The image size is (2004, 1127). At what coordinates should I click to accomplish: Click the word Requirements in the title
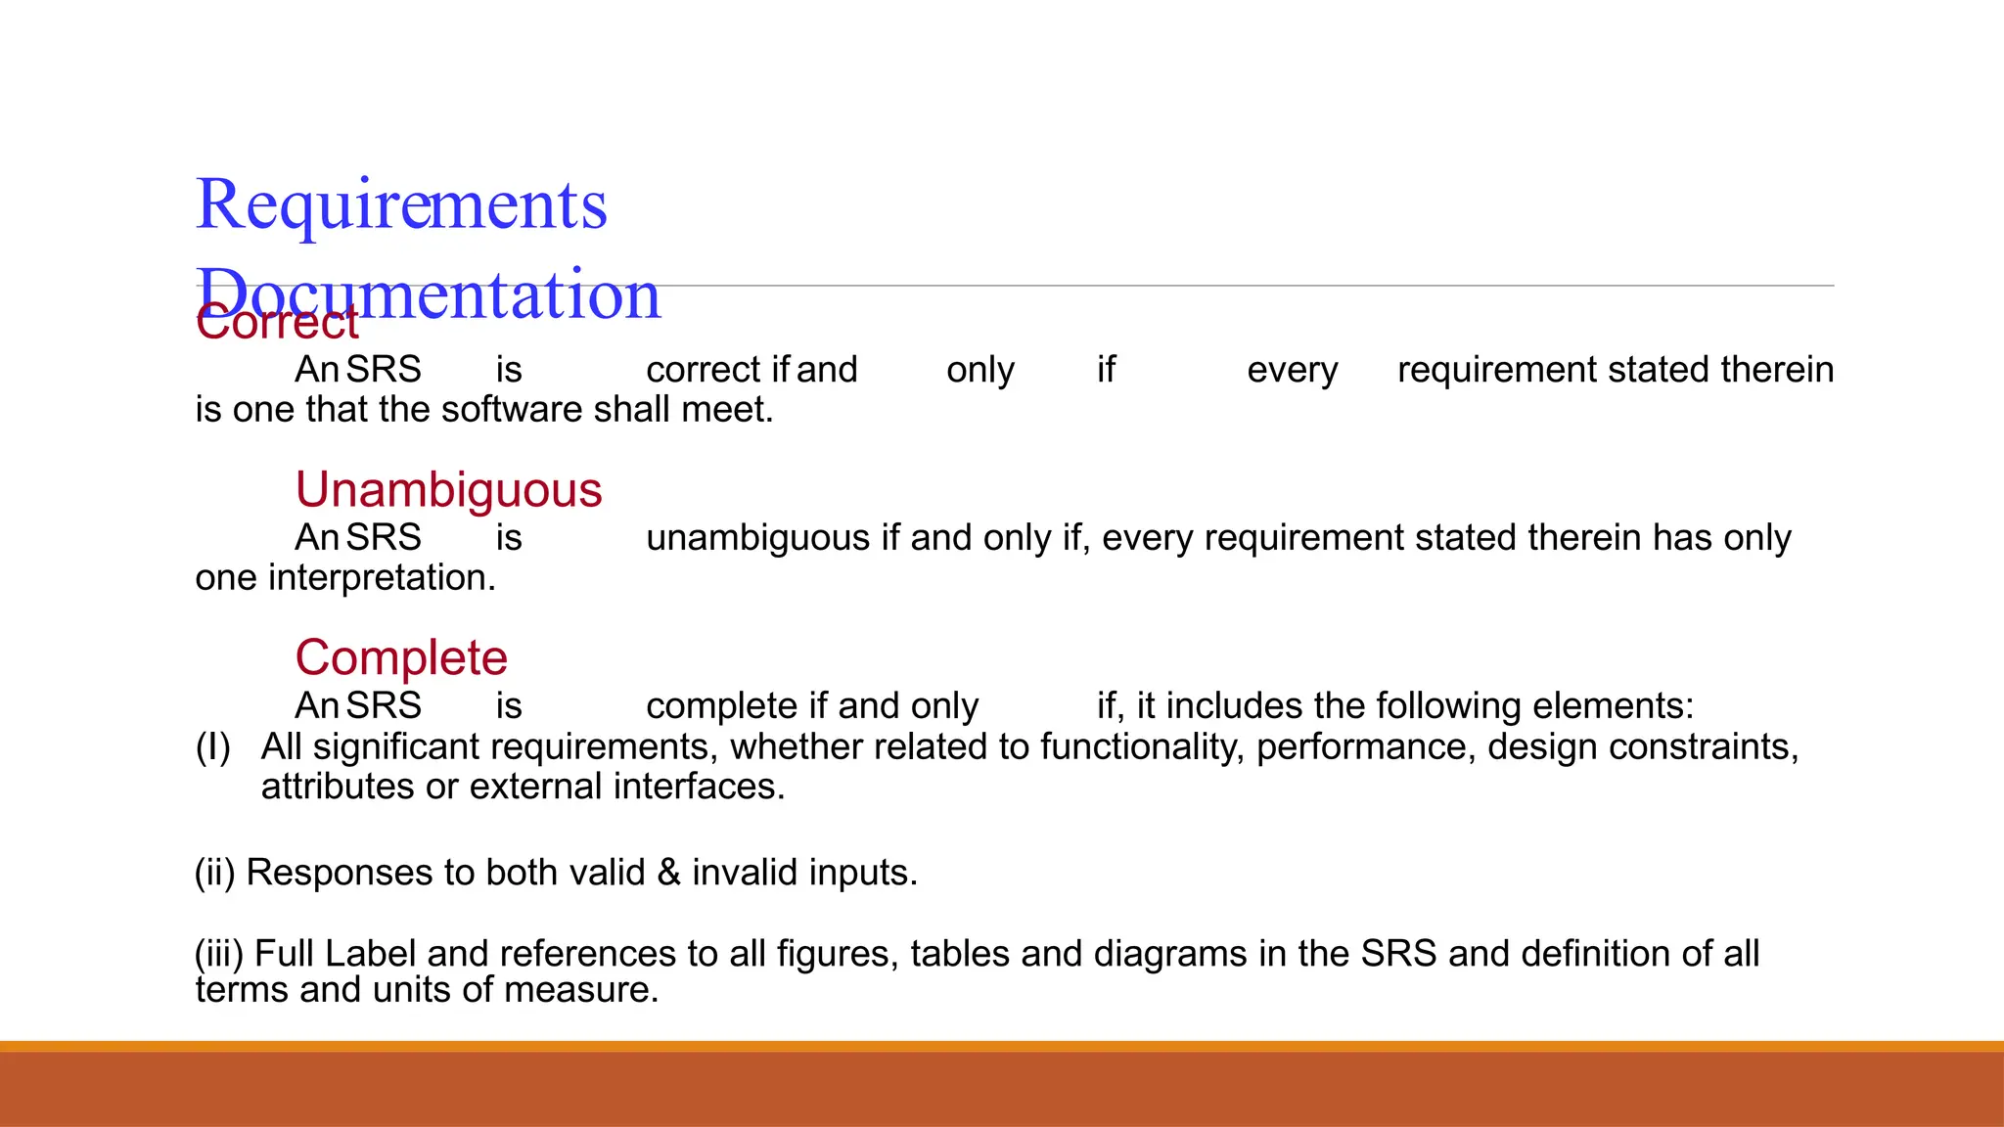coord(401,205)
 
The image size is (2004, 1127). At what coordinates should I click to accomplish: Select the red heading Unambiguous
coord(448,489)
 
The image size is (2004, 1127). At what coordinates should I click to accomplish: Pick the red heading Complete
coord(401,657)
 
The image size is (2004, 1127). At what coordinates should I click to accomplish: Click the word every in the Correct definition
coord(1292,370)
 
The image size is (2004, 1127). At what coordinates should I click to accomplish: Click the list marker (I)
coord(213,747)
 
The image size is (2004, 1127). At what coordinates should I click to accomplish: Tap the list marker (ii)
coord(215,873)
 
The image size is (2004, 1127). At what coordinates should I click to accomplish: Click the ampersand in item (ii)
coord(669,873)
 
